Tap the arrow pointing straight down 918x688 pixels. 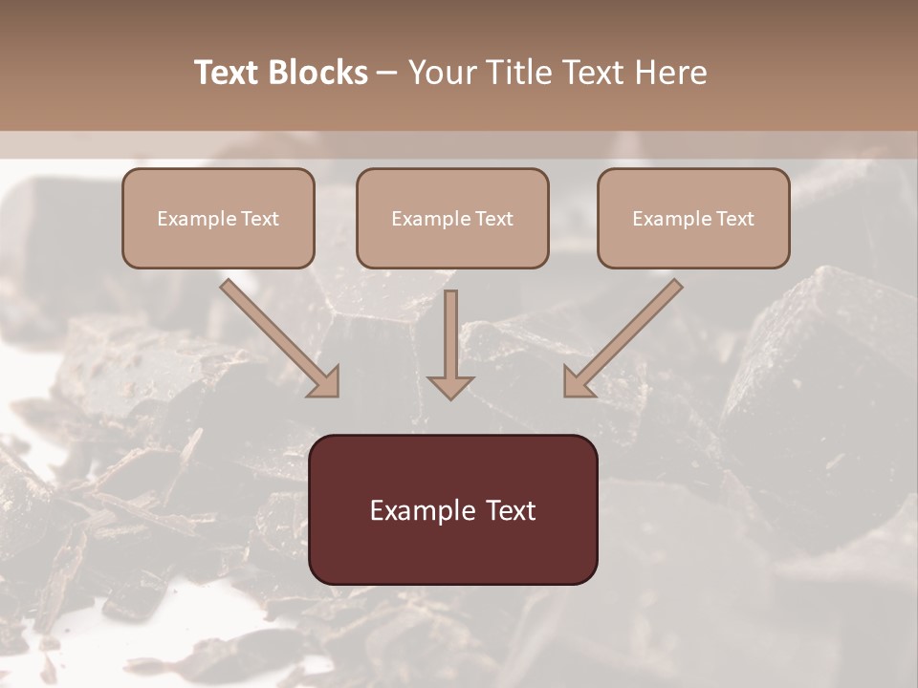click(450, 344)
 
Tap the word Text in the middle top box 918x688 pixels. click(494, 219)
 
